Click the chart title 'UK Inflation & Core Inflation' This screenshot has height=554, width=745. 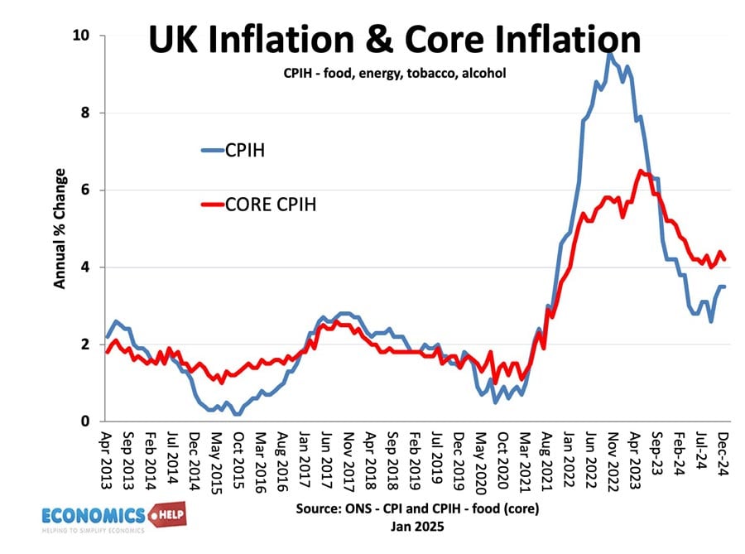(394, 40)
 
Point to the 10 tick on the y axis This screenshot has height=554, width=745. (83, 36)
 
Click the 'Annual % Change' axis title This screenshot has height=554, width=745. (60, 229)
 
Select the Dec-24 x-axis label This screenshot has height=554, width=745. (721, 453)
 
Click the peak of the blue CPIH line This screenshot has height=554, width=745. (609, 55)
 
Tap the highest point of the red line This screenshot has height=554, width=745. (640, 171)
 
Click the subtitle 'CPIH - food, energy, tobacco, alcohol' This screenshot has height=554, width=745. (390, 74)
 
